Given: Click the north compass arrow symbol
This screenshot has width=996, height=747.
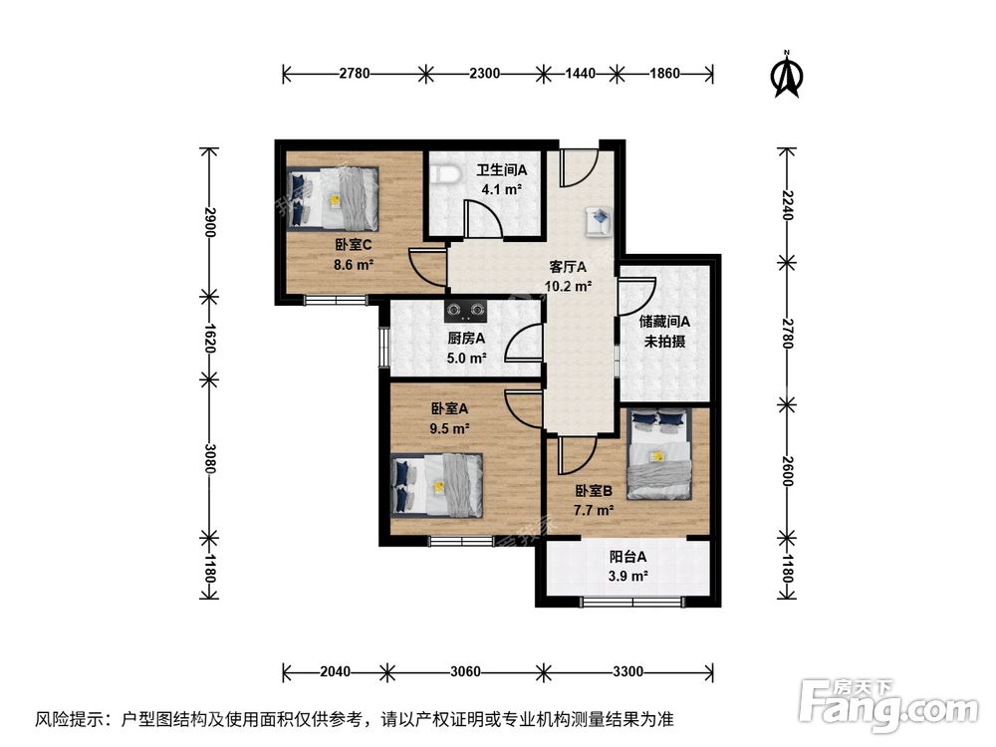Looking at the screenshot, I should point(789,77).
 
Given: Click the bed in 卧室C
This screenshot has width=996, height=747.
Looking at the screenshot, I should point(334,197).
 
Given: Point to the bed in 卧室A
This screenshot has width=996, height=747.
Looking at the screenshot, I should point(437,486).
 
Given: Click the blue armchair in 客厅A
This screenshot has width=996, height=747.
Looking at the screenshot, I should point(599,222).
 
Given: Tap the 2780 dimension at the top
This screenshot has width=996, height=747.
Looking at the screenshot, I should point(355,73).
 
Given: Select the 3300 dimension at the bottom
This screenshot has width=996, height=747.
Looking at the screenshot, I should point(625,670).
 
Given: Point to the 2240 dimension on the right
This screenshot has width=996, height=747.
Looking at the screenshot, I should point(788,206).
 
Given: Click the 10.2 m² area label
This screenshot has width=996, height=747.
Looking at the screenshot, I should point(568,286).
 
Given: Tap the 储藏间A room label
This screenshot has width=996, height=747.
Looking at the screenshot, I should point(664,322).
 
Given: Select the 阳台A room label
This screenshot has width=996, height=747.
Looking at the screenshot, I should point(628,558).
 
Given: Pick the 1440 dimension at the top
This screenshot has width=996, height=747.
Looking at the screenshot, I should point(579,73).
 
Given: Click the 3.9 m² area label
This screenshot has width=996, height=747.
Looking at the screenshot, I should point(628,577).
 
